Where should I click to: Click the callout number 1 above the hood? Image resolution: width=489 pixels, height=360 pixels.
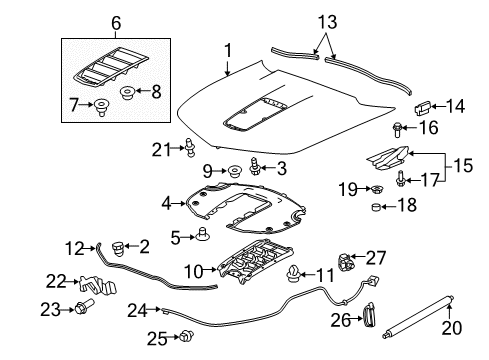227,50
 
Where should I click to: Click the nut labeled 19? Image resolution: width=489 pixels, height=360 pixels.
380,188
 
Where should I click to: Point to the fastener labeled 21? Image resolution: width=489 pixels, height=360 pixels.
188,150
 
